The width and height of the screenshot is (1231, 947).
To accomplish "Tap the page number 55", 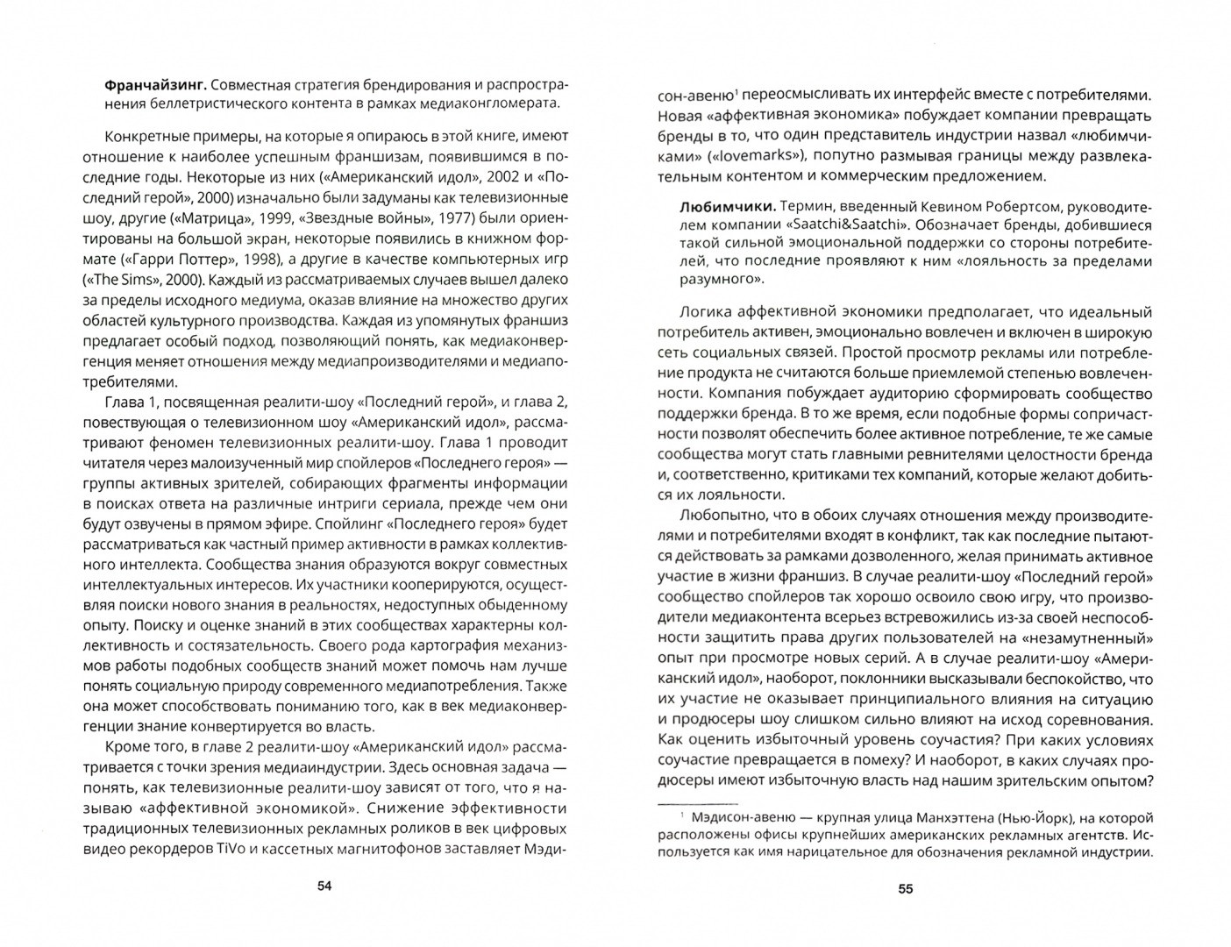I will (x=906, y=889).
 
